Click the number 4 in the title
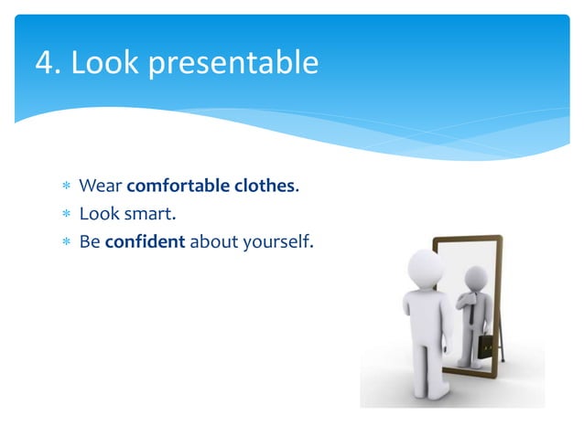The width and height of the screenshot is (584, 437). click(x=43, y=63)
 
